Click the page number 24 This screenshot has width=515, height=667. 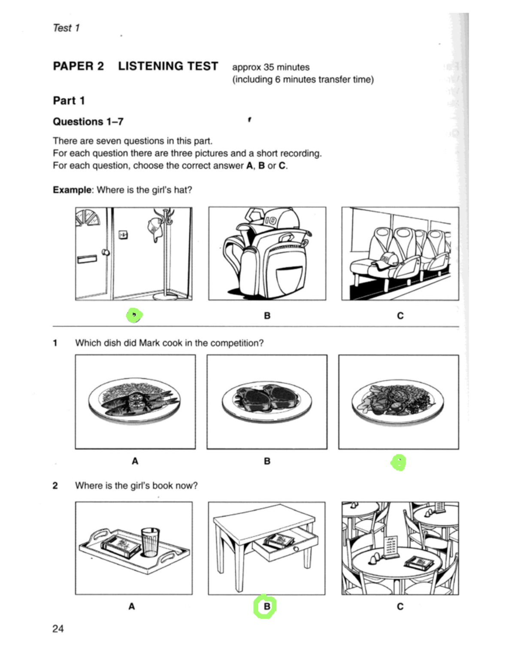[x=58, y=629]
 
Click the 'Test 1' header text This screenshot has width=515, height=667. [x=66, y=28]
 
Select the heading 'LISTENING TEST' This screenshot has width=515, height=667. [x=168, y=66]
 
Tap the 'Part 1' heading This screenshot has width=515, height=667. [x=69, y=100]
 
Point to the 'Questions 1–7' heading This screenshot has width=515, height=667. [x=88, y=122]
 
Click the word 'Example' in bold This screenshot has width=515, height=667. [x=72, y=190]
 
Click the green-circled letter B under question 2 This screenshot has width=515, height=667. [x=265, y=606]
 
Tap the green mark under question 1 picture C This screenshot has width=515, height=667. [x=398, y=463]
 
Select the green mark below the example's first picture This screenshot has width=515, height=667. [x=134, y=315]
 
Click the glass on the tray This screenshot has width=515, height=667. [x=150, y=542]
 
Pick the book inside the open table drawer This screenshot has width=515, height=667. [x=279, y=541]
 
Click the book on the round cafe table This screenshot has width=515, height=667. [x=419, y=562]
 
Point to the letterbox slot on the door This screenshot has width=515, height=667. [x=87, y=259]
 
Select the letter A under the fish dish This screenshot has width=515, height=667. [x=135, y=461]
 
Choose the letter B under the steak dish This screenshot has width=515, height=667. [x=267, y=461]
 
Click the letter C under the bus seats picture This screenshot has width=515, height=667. [x=400, y=316]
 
